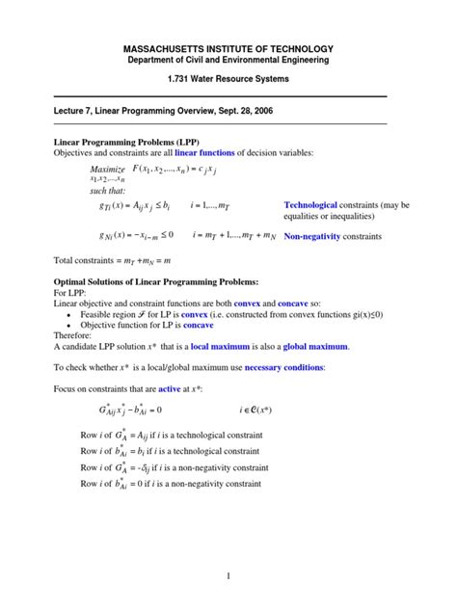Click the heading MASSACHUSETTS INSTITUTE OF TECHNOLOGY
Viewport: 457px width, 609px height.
[228, 48]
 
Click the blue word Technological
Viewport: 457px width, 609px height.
[316, 205]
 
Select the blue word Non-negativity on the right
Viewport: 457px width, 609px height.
[318, 234]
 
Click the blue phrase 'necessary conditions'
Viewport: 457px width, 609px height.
[282, 367]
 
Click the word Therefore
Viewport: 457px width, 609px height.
[74, 335]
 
